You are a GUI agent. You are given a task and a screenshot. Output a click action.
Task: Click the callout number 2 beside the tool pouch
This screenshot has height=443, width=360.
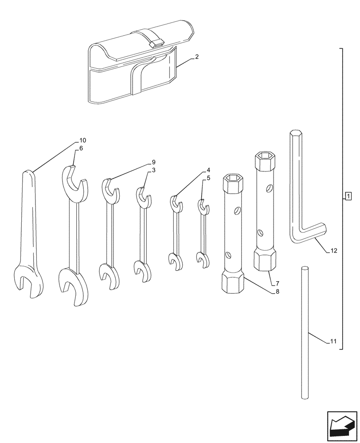coord(197,57)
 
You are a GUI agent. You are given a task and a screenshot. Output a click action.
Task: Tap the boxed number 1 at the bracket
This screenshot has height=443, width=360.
coord(348,196)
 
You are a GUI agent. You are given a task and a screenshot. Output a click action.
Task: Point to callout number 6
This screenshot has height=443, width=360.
coord(81,148)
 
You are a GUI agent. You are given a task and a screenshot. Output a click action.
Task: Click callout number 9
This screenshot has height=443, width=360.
coord(153,162)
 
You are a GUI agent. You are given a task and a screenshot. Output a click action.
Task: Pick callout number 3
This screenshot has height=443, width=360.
coord(153,170)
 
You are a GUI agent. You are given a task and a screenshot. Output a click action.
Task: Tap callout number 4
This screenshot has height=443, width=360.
coord(208,170)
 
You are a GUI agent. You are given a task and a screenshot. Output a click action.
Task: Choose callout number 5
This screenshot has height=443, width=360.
coord(208,178)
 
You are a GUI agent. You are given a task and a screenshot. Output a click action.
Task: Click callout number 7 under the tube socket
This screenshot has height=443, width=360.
coord(277,283)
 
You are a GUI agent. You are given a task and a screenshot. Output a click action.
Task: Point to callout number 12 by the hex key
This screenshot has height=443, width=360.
coord(333,251)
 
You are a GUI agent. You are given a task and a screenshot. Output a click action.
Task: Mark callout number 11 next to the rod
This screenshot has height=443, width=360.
coord(333,342)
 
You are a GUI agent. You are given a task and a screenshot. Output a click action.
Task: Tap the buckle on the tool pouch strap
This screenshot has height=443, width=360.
coord(156,43)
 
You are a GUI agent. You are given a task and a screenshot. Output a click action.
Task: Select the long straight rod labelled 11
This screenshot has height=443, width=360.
coord(304,332)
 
